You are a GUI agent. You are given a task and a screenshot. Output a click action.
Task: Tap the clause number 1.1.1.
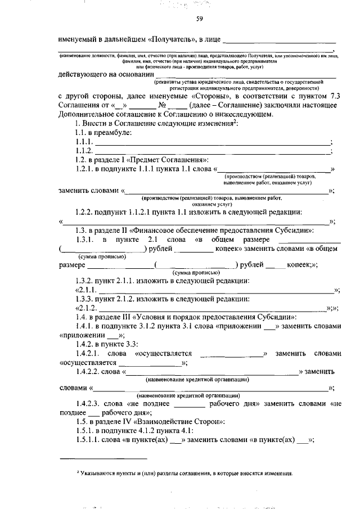[x=83, y=142]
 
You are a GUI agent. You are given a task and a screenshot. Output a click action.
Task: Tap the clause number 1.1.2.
[x=83, y=151]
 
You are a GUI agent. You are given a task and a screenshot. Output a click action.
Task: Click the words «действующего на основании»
[x=105, y=75]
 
